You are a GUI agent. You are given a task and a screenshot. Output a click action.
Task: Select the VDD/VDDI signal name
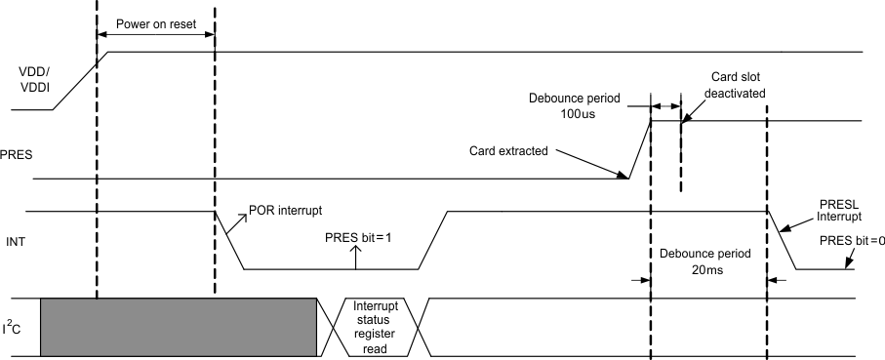pyautogui.click(x=35, y=79)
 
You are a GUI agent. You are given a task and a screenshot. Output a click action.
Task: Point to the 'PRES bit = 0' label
pyautogui.click(x=852, y=241)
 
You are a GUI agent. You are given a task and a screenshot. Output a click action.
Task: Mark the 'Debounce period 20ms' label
pyautogui.click(x=708, y=261)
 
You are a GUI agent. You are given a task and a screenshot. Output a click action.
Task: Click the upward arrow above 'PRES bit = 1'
pyautogui.click(x=356, y=258)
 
